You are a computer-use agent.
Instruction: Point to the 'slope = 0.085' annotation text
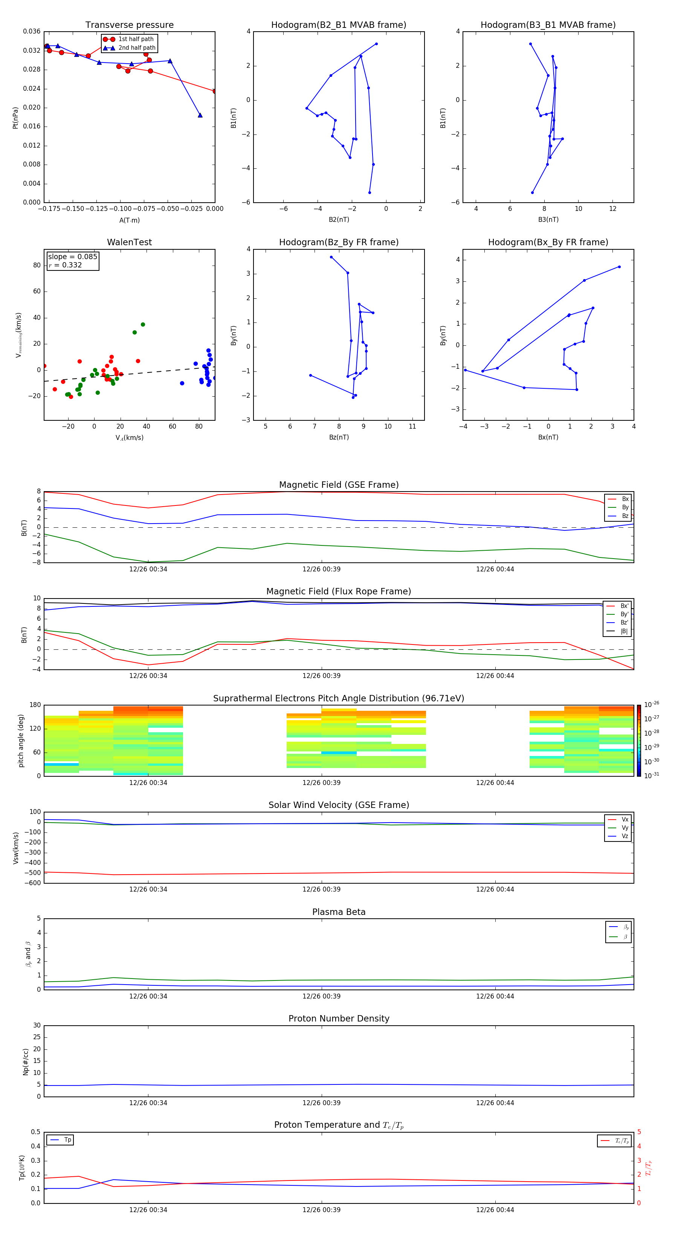tap(72, 257)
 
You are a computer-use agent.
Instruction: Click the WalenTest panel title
tap(129, 242)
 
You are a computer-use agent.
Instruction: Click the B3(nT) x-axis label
tap(548, 220)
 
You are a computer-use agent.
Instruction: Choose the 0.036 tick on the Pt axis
tap(32, 31)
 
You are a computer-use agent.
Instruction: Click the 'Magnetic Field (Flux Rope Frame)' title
tap(338, 592)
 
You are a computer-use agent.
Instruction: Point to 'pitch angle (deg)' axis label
tap(21, 741)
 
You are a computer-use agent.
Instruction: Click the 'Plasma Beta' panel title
tap(338, 912)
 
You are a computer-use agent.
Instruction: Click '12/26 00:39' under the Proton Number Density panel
tap(321, 1103)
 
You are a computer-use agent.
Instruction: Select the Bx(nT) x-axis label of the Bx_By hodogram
tap(548, 437)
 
